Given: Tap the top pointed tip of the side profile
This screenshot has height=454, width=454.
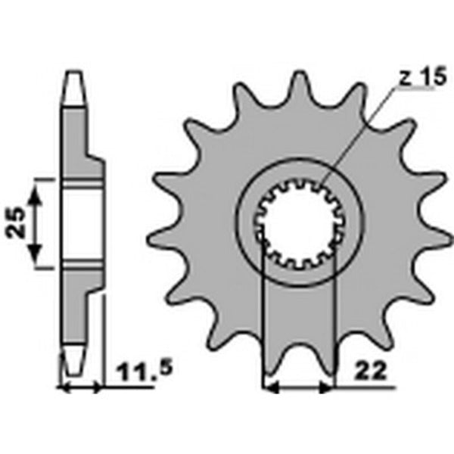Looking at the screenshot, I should (74, 73).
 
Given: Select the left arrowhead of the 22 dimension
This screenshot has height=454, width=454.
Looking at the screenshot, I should (269, 388).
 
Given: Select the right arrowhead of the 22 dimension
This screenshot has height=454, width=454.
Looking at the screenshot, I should (327, 388).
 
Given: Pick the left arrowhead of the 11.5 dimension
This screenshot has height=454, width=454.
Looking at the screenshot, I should (64, 388).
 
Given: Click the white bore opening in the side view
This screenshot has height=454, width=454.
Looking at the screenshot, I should (81, 223).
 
